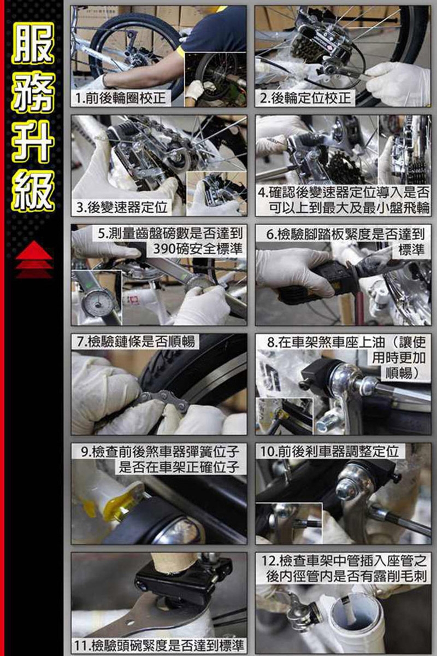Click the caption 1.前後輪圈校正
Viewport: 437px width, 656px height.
[x=120, y=98]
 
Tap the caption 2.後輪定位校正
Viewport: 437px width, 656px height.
[x=305, y=98]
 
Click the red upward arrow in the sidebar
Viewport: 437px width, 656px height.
[x=34, y=259]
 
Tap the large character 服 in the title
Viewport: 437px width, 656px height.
[x=33, y=44]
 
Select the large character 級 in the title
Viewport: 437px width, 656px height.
[x=33, y=190]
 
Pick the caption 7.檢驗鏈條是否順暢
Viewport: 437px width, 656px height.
[x=136, y=342]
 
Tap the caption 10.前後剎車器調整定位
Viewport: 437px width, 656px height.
[x=329, y=452]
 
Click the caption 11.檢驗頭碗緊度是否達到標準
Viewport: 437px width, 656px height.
[x=159, y=645]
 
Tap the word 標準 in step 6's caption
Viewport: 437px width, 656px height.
[x=411, y=249]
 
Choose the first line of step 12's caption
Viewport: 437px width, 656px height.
[x=344, y=560]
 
